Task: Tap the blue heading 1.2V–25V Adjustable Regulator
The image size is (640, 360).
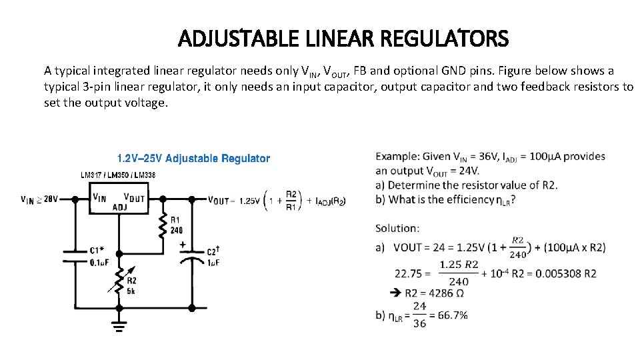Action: (193, 159)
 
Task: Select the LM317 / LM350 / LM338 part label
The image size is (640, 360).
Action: (118, 175)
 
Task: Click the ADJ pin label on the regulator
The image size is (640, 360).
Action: (121, 207)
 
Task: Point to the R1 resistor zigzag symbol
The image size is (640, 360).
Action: (162, 227)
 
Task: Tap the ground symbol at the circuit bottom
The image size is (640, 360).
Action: (120, 327)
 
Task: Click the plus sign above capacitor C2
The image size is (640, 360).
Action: (183, 245)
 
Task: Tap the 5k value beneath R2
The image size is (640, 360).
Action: (132, 291)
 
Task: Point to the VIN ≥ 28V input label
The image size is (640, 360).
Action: (39, 199)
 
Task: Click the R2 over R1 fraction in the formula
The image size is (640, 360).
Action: (291, 200)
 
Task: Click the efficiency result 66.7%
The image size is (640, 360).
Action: (449, 315)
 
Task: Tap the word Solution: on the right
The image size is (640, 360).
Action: (397, 228)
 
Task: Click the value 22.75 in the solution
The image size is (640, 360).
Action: (409, 273)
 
